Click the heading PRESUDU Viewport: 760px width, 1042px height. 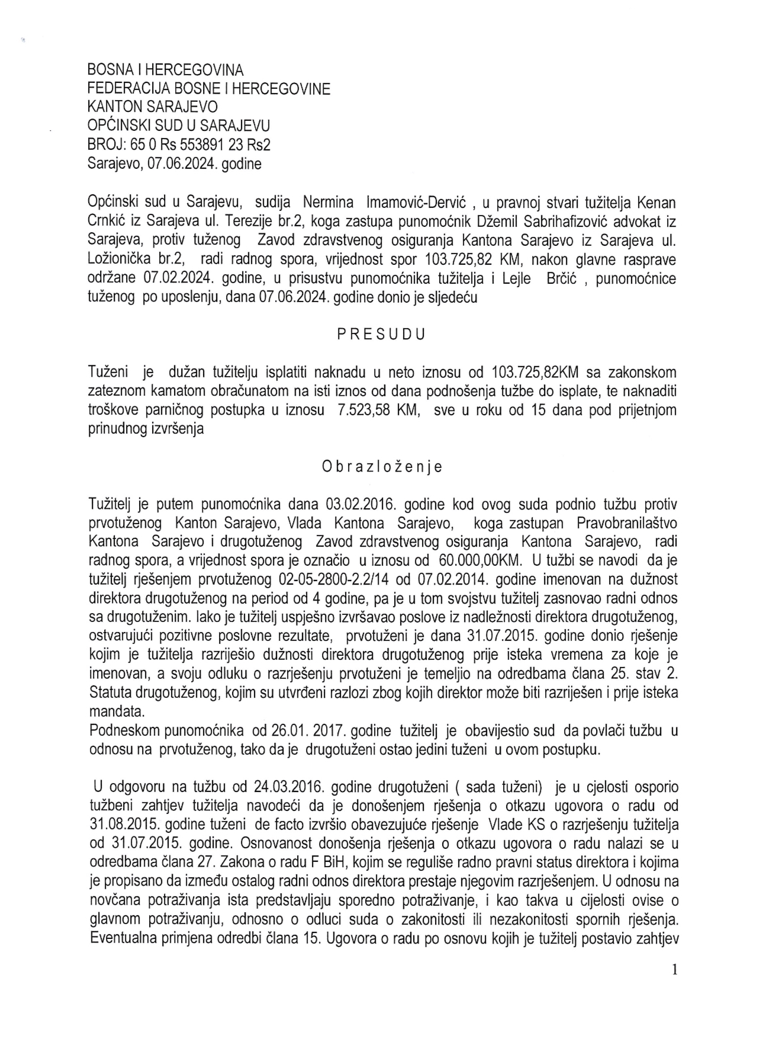381,334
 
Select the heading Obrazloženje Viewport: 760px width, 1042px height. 382,467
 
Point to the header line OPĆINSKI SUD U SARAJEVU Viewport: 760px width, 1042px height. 179,126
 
